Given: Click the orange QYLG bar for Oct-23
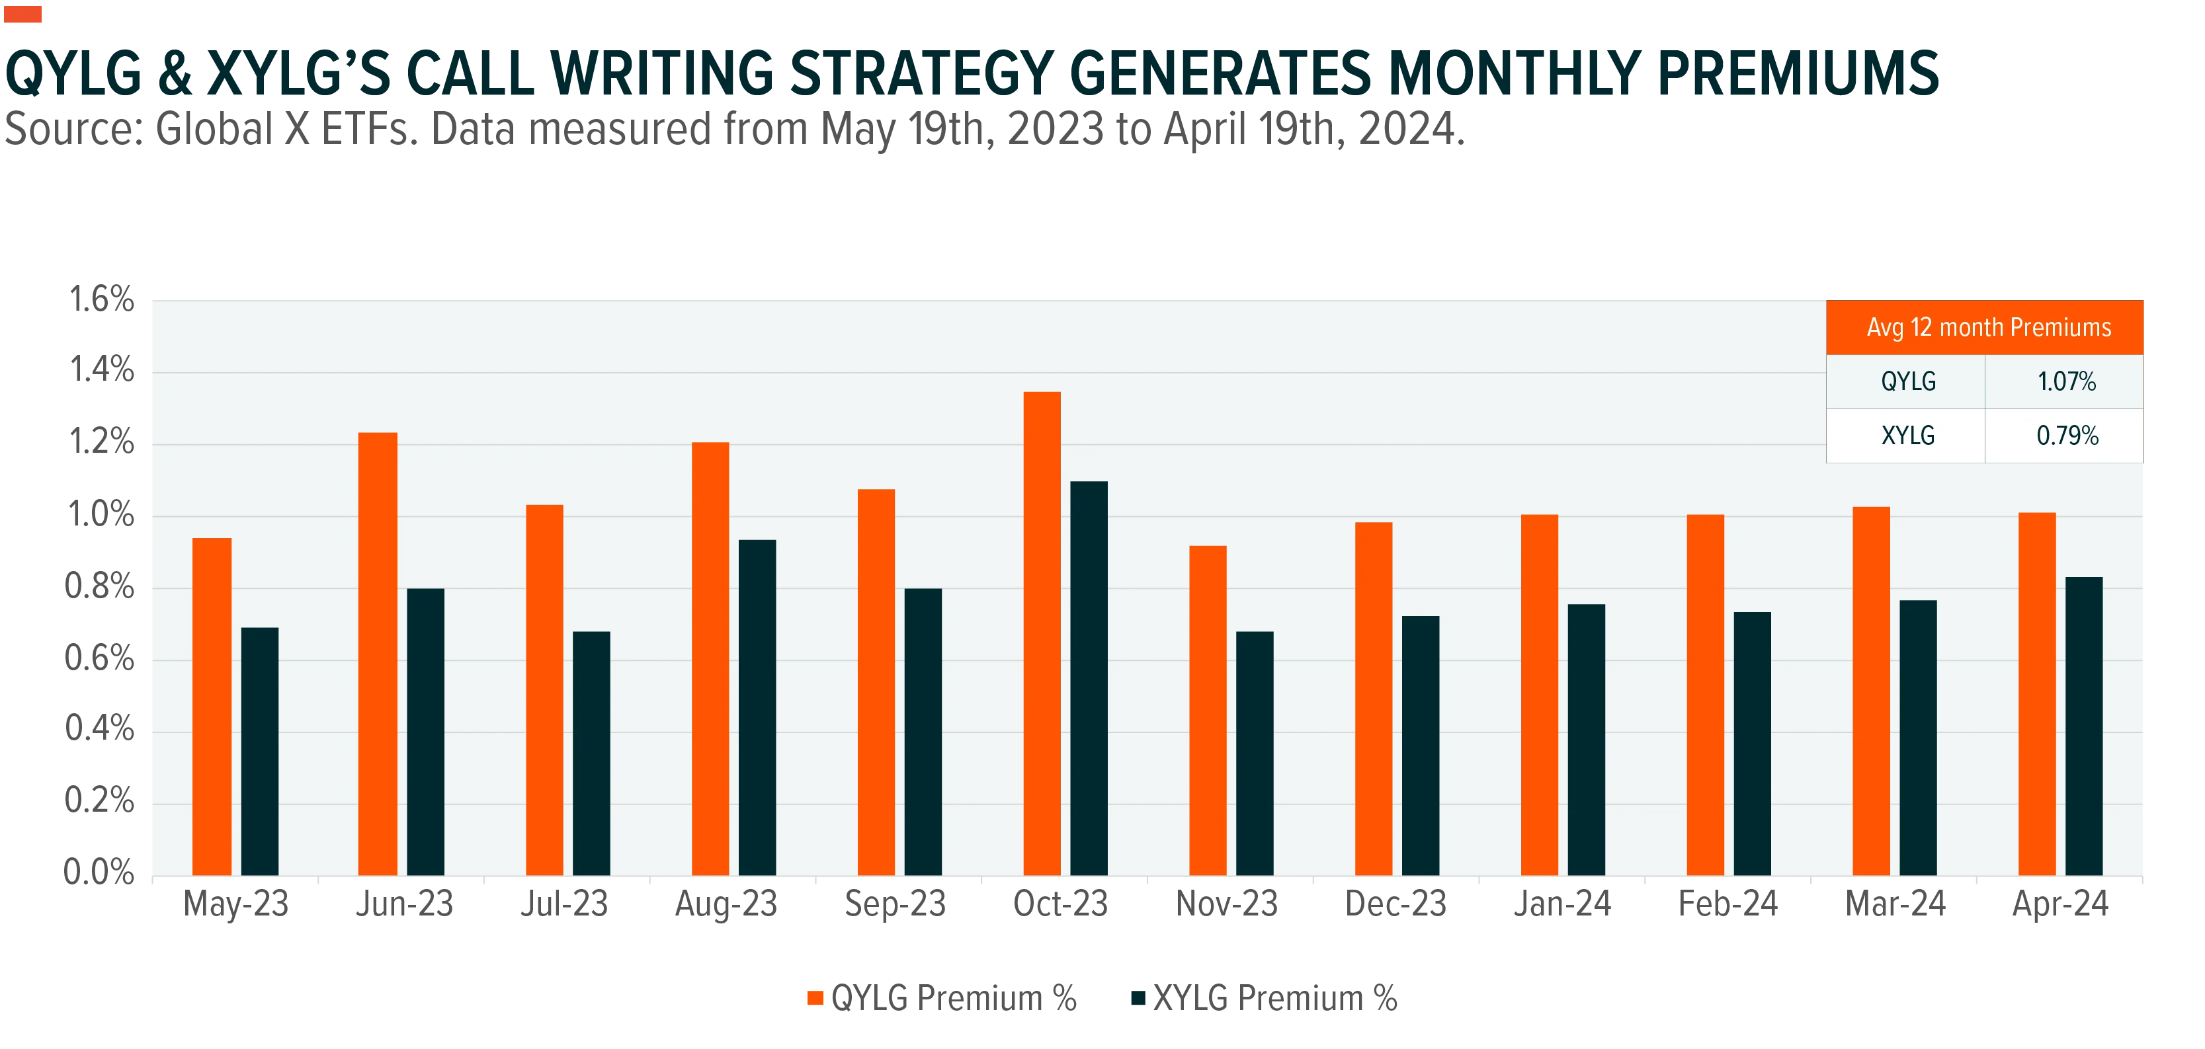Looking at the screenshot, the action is tap(1042, 633).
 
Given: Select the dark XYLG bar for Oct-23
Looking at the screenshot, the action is tap(1089, 679).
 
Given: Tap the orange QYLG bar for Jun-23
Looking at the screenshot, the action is tap(378, 654).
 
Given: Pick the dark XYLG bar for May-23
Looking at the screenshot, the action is tap(259, 752).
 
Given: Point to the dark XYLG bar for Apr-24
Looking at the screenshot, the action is tap(2083, 726).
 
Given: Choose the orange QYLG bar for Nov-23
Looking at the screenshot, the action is tap(1208, 710).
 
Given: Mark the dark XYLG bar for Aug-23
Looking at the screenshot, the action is tap(757, 708).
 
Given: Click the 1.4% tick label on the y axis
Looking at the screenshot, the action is tap(102, 369).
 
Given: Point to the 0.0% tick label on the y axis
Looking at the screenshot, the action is tap(99, 872).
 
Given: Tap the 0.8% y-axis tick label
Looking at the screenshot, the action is tap(99, 586).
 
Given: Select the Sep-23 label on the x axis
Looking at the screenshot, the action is tap(895, 904).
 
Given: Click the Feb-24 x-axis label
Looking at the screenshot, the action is tap(1727, 904).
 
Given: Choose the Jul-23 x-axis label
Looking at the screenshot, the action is tap(565, 904).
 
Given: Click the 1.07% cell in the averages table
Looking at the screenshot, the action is tap(2066, 381).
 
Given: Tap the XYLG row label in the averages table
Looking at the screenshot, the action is tap(1908, 436).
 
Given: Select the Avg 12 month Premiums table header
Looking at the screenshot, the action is tap(1989, 328).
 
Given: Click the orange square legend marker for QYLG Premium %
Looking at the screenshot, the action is tap(815, 997).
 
